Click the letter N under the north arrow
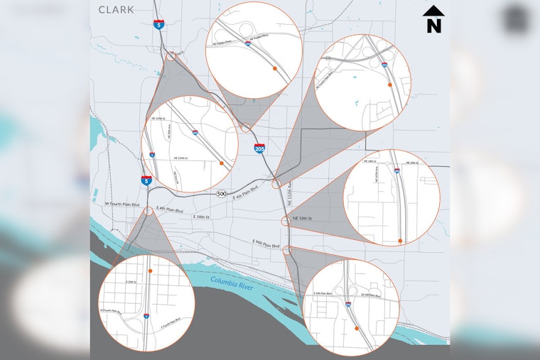tap(433, 25)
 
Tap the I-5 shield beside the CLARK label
tap(156, 24)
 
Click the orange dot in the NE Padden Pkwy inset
tap(274, 70)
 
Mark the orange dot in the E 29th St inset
tap(151, 272)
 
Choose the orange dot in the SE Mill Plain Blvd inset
tap(356, 329)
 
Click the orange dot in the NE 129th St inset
tap(222, 163)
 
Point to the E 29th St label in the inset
tap(130, 282)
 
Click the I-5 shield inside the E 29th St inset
tap(146, 315)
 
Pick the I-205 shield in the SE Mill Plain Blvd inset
tap(348, 305)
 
